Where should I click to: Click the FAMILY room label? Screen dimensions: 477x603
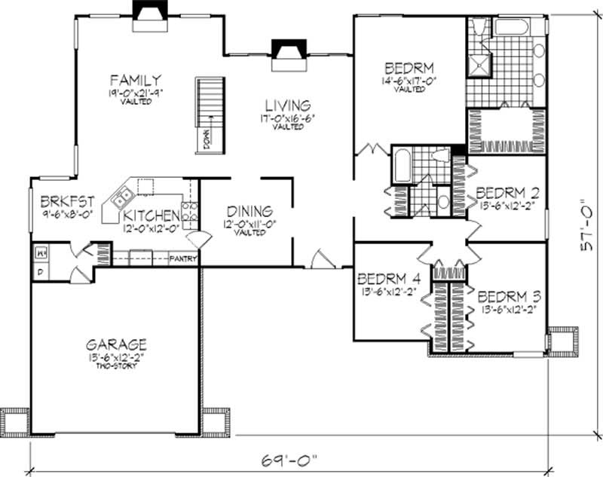[135, 79]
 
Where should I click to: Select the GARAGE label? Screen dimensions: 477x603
[115, 344]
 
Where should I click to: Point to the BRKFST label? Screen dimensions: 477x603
[67, 201]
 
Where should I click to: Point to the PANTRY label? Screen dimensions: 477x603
[184, 258]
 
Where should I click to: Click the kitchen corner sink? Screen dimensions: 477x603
[121, 199]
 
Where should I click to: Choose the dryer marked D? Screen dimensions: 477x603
[39, 270]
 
